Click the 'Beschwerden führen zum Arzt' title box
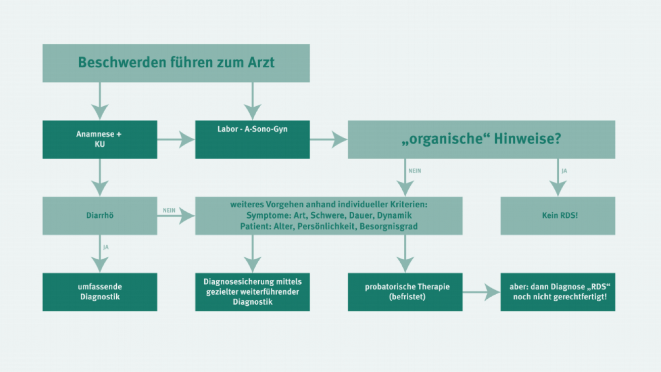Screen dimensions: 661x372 point(176,63)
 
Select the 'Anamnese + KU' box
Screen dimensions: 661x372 point(100,139)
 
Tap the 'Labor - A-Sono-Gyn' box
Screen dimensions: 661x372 point(253,139)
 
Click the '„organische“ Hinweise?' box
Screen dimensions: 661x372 point(482,139)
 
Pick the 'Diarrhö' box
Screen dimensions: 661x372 point(100,215)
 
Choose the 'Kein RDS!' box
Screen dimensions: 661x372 point(558,215)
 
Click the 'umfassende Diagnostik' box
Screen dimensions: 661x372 point(100,292)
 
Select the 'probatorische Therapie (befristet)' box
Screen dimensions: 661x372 point(405,292)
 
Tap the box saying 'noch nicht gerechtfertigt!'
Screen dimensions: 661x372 point(558,292)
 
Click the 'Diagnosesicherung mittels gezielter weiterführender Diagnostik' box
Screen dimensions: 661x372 point(253,292)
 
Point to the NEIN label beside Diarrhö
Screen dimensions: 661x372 point(169,210)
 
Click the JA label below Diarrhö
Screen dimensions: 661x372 point(106,247)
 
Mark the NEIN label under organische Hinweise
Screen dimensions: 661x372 point(414,171)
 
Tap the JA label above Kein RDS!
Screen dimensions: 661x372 point(564,171)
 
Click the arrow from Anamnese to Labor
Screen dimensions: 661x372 point(176,139)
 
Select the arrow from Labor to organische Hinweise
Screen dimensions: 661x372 point(328,139)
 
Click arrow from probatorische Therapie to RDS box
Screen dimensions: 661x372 point(482,292)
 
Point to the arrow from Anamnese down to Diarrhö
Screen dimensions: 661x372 point(100,177)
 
